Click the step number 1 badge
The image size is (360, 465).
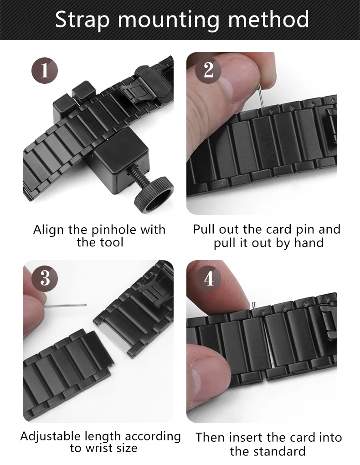click(45, 71)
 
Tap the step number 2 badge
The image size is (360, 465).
click(208, 70)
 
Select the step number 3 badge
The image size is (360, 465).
click(45, 278)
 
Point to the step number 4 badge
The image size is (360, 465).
click(208, 278)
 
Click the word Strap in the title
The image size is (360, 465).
click(82, 20)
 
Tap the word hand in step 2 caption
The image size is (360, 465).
click(309, 243)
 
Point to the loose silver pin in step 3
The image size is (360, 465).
click(65, 306)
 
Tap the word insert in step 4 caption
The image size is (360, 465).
click(246, 438)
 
